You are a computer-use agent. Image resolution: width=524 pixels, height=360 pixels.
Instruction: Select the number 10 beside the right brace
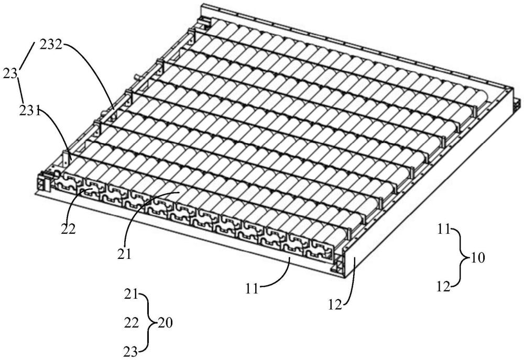[477, 258]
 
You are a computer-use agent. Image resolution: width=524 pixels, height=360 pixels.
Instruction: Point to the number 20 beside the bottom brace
[163, 323]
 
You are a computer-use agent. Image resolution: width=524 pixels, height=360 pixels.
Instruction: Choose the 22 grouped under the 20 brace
[131, 323]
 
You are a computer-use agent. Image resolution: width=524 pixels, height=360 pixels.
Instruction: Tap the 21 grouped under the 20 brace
[130, 294]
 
